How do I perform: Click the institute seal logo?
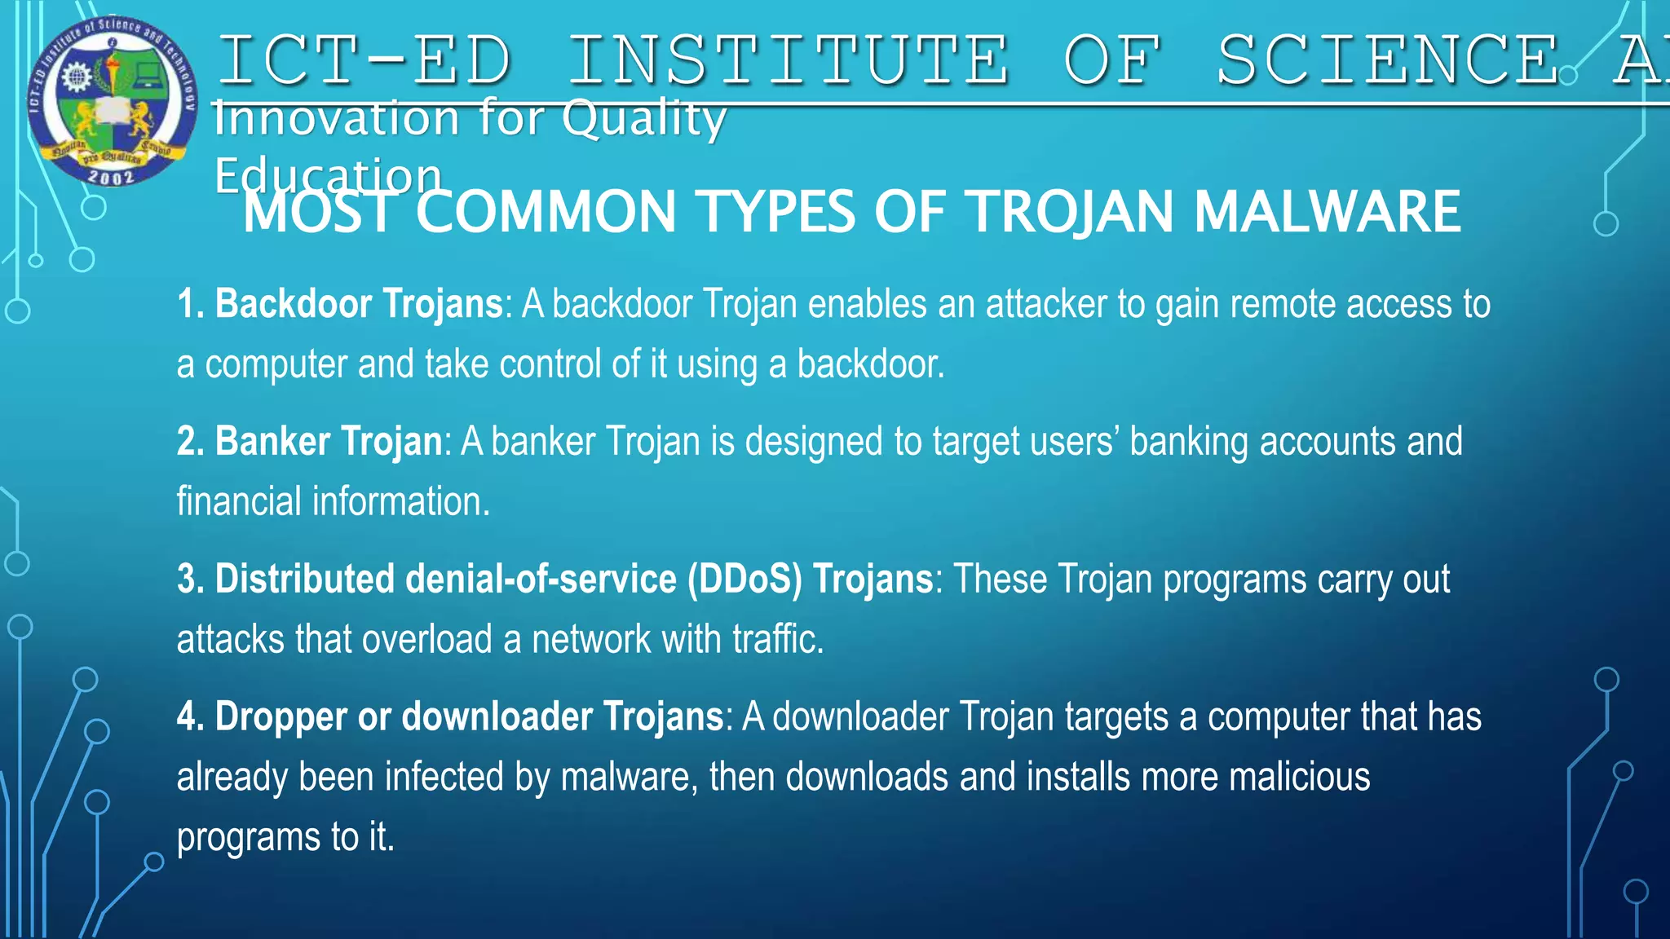point(112,99)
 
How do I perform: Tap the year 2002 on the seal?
point(111,176)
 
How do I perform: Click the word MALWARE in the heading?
point(1327,212)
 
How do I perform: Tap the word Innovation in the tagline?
point(337,118)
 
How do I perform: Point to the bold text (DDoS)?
point(744,580)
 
